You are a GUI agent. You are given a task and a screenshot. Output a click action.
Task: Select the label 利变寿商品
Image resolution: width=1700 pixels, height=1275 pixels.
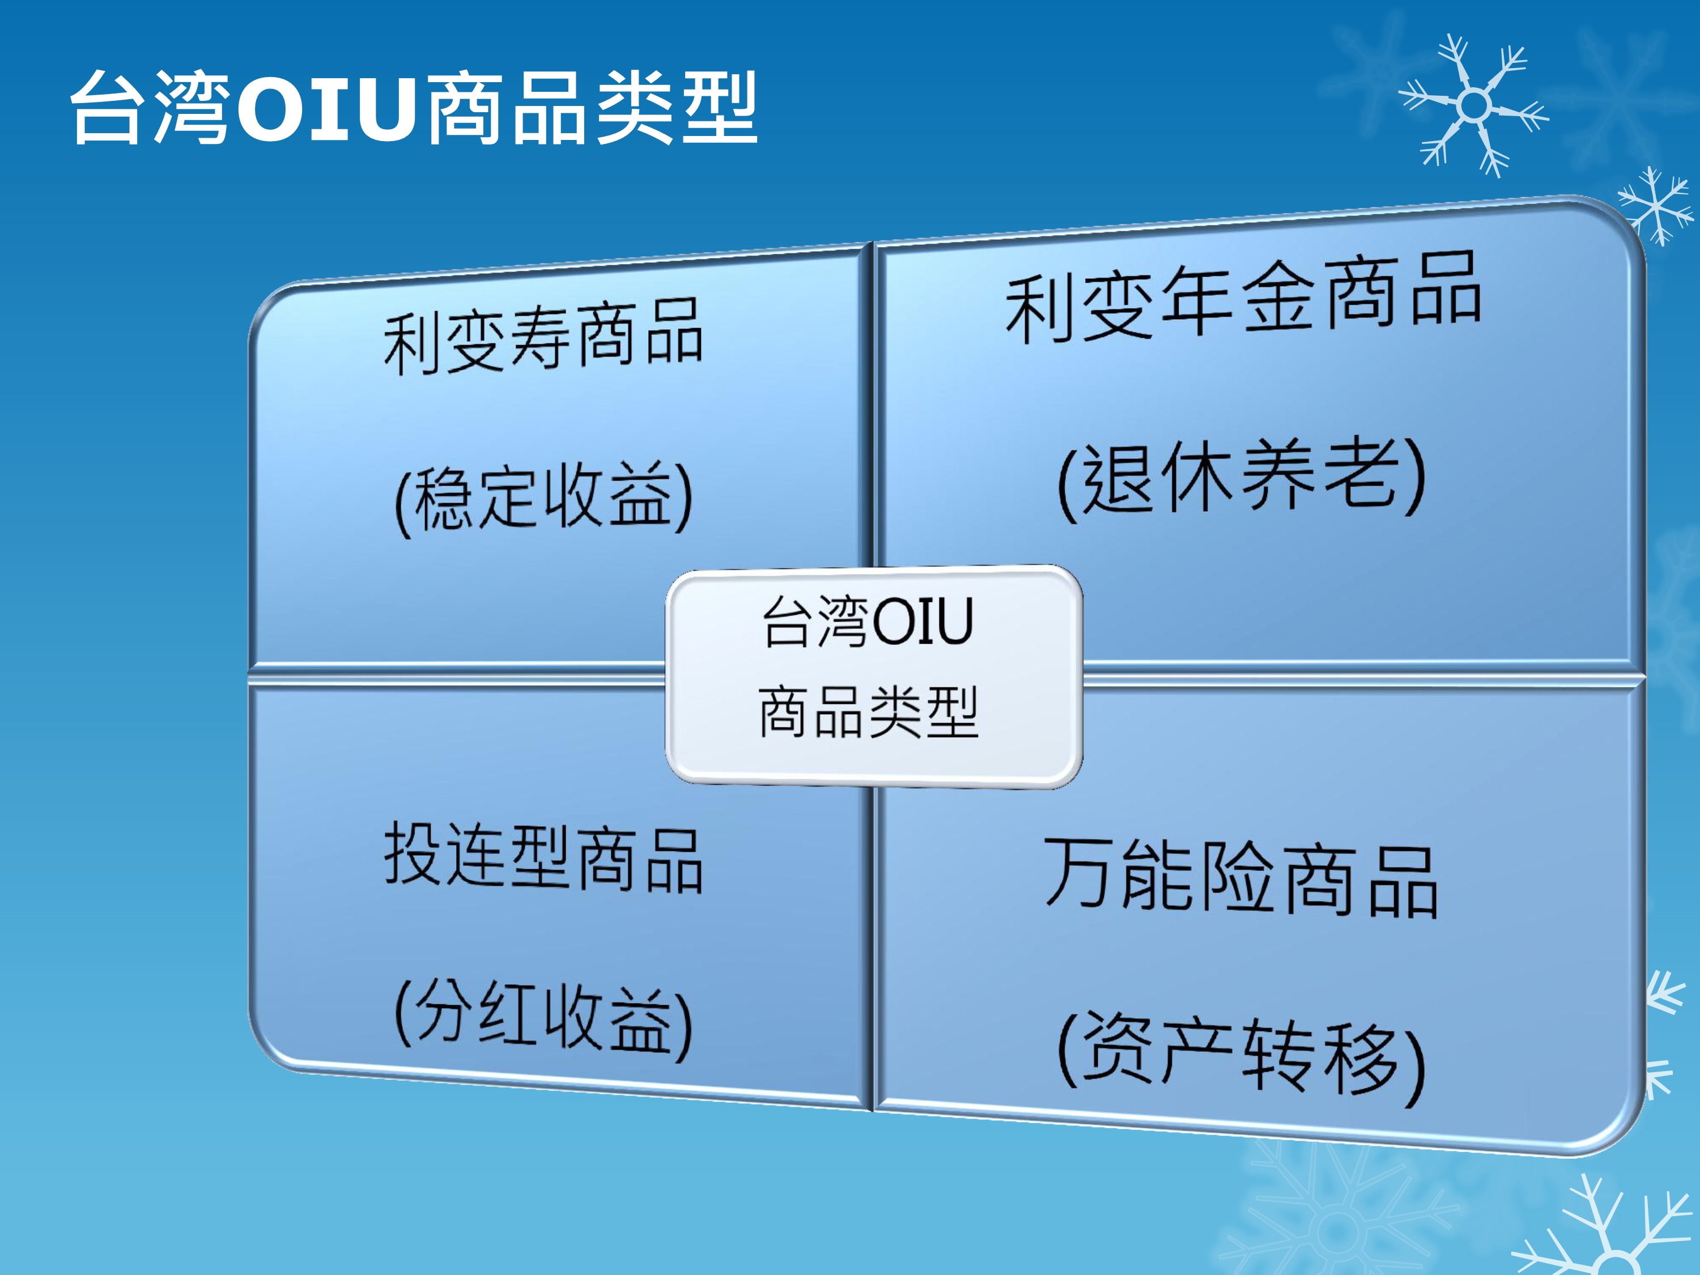click(543, 337)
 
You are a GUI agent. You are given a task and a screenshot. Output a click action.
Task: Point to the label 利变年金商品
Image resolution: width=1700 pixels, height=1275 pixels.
click(1243, 298)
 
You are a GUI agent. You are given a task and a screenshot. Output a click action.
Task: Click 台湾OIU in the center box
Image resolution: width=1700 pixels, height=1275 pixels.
click(869, 621)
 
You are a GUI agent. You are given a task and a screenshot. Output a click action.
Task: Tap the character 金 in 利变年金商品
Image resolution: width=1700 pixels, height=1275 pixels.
click(1277, 297)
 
